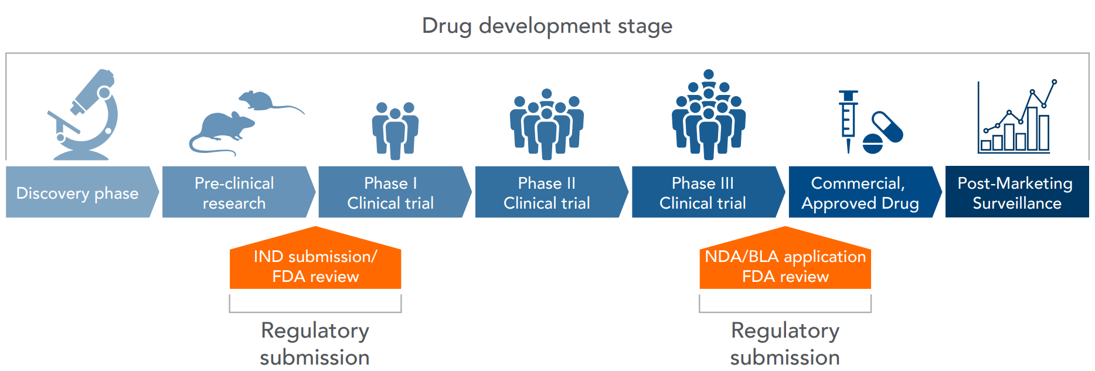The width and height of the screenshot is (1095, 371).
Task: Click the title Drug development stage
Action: (x=547, y=26)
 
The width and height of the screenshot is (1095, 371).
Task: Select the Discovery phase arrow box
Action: (x=78, y=193)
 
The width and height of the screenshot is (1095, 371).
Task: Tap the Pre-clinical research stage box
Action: (x=234, y=193)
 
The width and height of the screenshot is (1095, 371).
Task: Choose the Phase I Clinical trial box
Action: (x=390, y=193)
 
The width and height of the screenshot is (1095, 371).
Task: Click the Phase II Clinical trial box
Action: (x=547, y=193)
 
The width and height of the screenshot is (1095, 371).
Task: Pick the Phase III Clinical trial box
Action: (x=703, y=193)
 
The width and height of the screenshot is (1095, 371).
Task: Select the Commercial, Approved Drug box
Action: (x=859, y=193)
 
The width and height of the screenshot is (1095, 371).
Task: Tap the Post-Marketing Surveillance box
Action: (x=1016, y=193)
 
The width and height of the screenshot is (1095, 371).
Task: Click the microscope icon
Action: (x=85, y=116)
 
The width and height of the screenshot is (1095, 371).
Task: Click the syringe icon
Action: (x=848, y=120)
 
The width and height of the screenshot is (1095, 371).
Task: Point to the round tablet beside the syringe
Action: (x=873, y=144)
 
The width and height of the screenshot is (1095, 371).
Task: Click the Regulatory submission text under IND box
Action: (x=315, y=343)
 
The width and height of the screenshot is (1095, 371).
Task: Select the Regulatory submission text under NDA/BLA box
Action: (x=785, y=343)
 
